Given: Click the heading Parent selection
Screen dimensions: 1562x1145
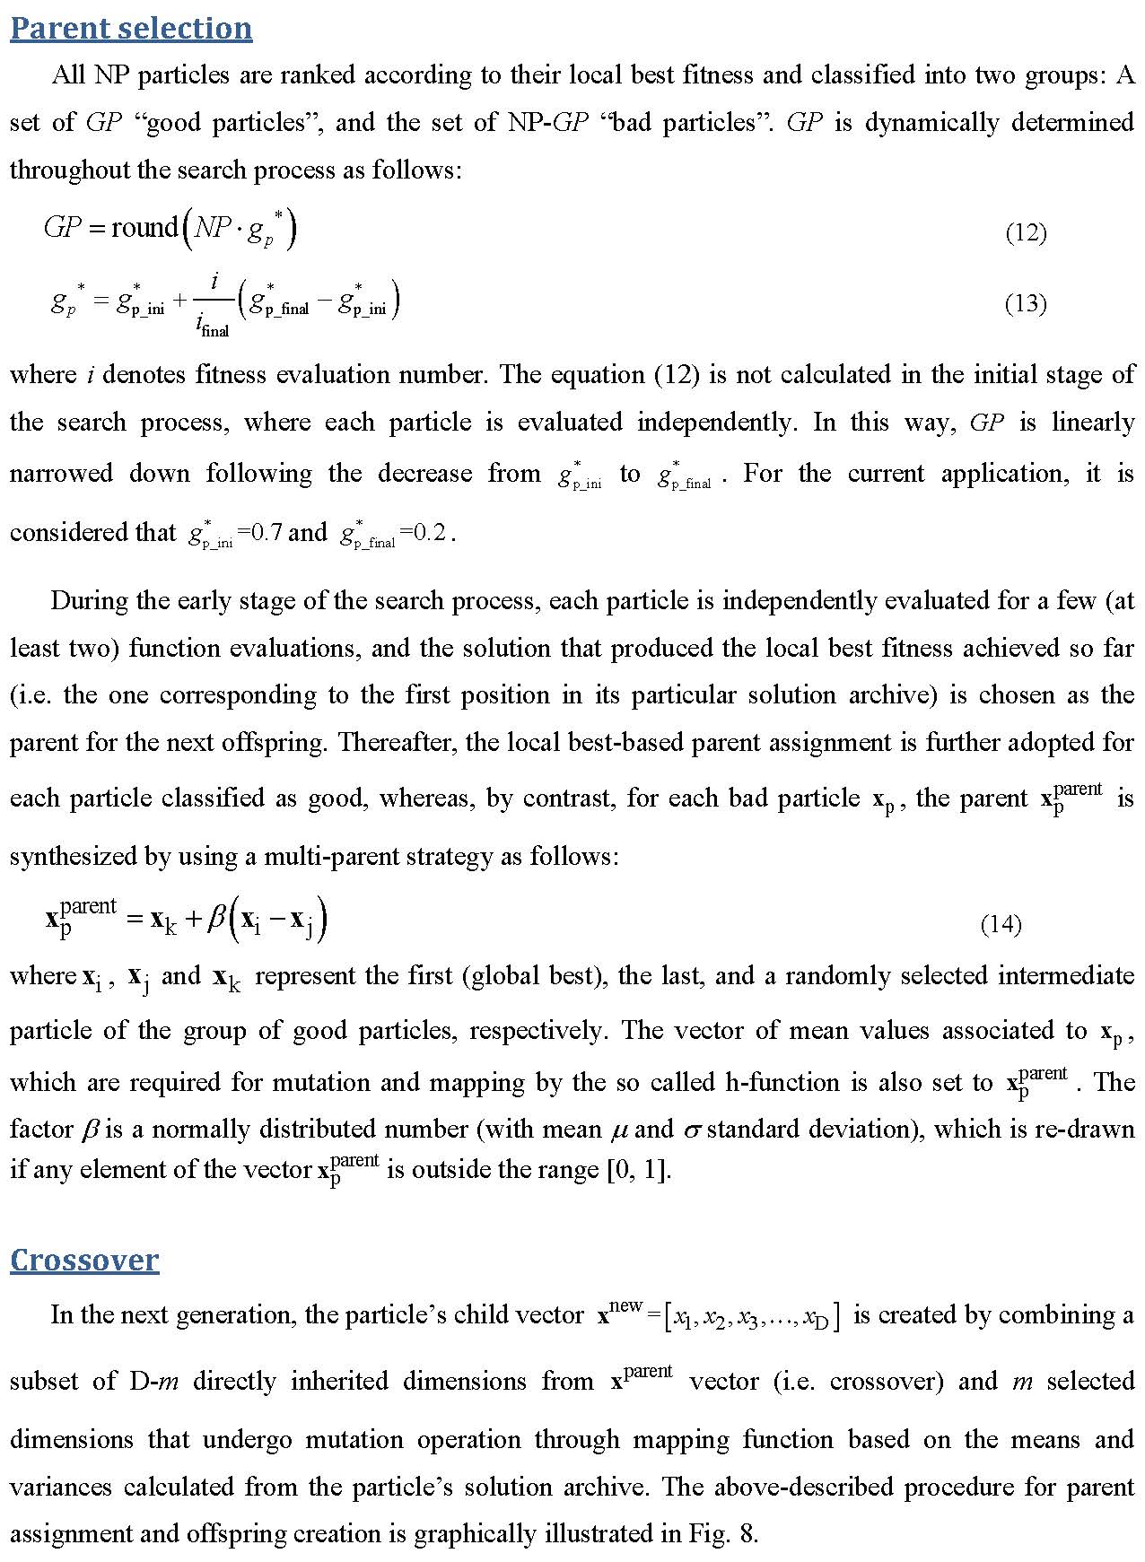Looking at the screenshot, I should coord(131,28).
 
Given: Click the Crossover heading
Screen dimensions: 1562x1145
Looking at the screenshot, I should coord(84,1260).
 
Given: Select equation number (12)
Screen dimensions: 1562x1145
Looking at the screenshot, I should coord(1026,233).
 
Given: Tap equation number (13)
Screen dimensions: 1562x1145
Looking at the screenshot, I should coord(1026,303).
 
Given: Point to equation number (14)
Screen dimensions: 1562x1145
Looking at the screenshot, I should coord(1001,924).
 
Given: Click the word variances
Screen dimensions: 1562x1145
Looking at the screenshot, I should coord(61,1487).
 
